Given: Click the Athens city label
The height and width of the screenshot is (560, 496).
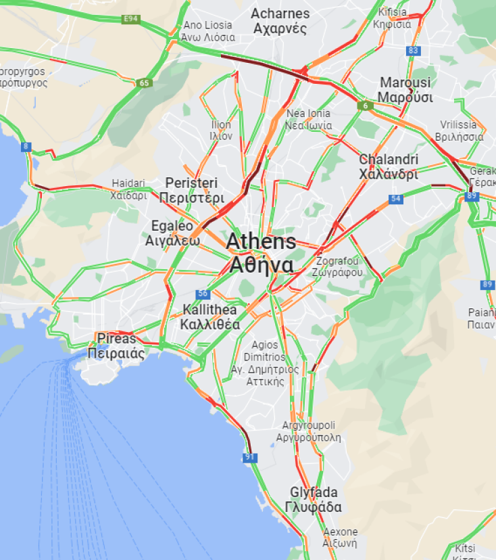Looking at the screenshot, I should tap(261, 253).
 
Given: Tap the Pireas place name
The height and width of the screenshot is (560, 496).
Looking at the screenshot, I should tap(116, 346).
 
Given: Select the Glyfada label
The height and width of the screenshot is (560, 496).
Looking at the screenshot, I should tap(314, 500).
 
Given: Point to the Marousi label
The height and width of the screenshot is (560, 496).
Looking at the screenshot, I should tap(405, 90).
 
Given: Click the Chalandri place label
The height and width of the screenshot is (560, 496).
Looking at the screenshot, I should tap(389, 166).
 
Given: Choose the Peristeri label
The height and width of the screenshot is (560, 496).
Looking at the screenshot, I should tap(191, 190).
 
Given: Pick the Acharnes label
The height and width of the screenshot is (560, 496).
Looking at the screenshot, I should tap(280, 21).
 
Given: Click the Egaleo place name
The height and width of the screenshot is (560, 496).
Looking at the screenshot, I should tap(172, 233).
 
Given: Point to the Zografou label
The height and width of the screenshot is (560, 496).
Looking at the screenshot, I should tap(337, 266).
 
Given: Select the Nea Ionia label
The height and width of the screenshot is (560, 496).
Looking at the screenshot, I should tap(309, 119).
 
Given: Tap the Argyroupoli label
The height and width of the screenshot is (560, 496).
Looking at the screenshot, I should tap(308, 431).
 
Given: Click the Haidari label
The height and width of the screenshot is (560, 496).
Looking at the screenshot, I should tap(128, 189).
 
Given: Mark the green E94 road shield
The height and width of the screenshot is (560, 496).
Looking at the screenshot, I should tap(131, 19).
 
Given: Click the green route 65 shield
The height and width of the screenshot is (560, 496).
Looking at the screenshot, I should tap(143, 83).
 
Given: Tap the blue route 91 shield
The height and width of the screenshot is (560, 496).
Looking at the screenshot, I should tap(250, 458).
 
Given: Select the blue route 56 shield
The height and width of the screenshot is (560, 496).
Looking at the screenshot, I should tap(202, 294).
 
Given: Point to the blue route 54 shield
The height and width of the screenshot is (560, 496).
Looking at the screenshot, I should tap(396, 200).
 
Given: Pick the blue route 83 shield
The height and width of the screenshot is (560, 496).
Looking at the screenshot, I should tap(414, 51).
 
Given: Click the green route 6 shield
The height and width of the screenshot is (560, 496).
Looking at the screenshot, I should tap(365, 106).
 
